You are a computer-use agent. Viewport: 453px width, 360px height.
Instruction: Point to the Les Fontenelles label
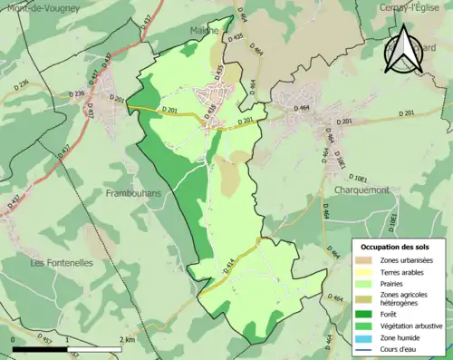(x=63, y=263)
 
